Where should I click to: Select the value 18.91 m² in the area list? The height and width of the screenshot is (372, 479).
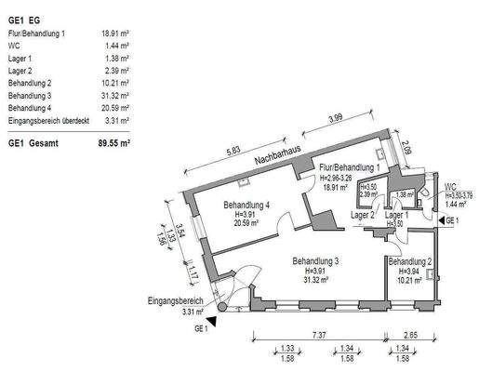115,33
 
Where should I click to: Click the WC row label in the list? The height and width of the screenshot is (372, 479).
14,45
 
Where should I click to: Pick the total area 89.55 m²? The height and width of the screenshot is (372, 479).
113,144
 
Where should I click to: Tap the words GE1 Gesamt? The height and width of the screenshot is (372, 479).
33,144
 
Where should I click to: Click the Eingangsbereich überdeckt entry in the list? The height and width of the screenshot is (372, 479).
47,119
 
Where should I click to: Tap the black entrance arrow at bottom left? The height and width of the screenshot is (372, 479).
214,322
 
